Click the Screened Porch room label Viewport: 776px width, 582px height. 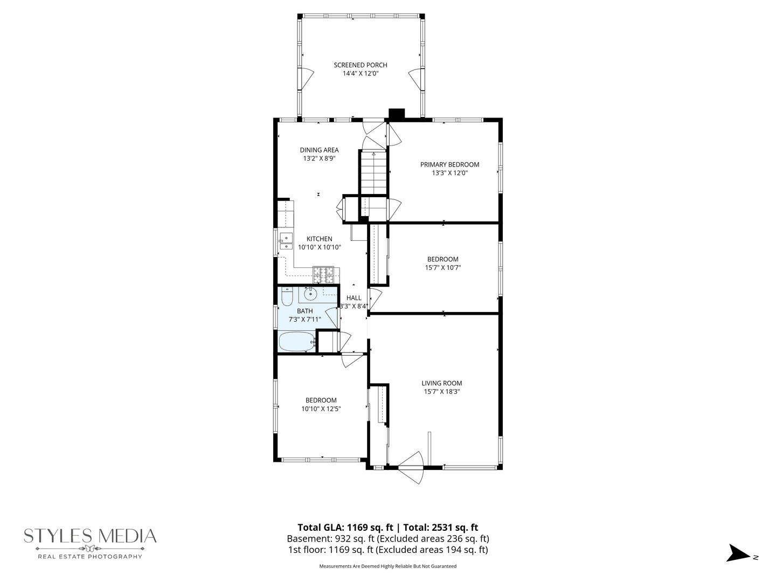pos(361,65)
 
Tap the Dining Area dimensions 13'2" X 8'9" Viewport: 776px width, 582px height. pos(319,158)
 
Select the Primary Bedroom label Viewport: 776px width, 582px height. pos(449,164)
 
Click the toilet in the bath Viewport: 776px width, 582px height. pos(287,297)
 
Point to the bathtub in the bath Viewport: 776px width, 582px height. pos(297,342)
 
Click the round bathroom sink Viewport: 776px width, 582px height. pos(310,293)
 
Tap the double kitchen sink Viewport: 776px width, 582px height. pos(286,241)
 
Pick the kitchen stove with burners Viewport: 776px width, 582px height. pos(323,275)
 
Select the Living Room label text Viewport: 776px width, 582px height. pos(441,383)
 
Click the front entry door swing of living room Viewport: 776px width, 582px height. pos(411,467)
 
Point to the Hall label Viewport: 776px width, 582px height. pos(354,298)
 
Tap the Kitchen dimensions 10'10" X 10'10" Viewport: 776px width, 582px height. pos(319,247)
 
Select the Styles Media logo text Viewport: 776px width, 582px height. pos(90,536)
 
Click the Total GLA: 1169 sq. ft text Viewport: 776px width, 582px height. pos(345,528)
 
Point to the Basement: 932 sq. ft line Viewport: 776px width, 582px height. pos(388,539)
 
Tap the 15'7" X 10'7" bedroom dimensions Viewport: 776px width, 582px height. pos(442,267)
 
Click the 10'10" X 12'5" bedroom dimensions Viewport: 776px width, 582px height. pos(321,409)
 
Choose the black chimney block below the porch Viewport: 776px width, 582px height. pos(397,114)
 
